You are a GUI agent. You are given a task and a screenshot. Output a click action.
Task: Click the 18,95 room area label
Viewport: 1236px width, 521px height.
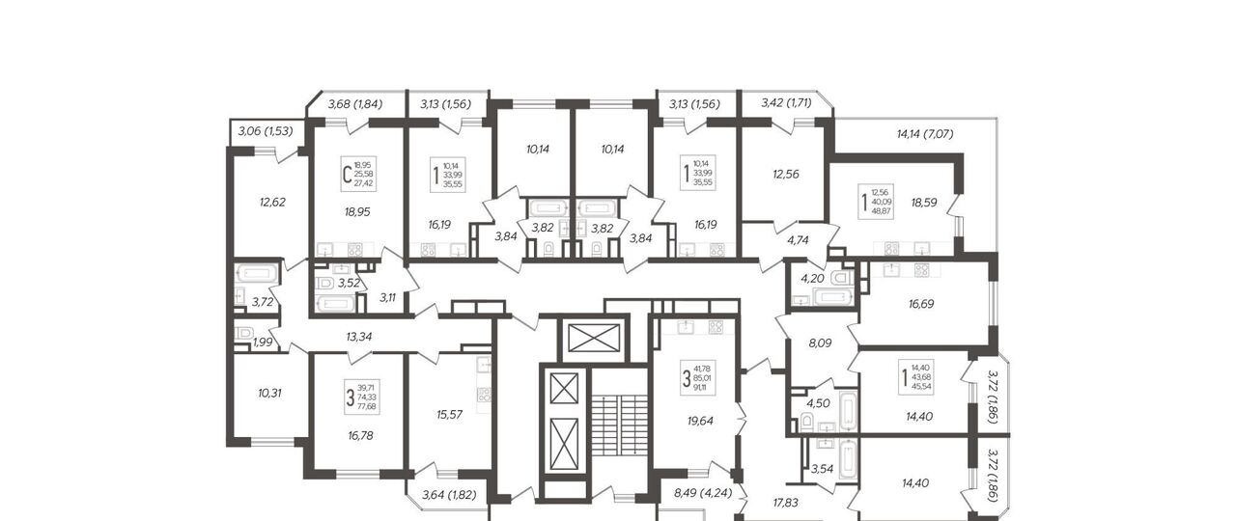[x=357, y=211]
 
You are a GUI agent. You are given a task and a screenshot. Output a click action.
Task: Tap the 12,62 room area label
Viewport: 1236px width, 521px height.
[x=272, y=203]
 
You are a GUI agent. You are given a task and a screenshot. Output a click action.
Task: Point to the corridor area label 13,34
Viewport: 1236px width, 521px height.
[x=358, y=337]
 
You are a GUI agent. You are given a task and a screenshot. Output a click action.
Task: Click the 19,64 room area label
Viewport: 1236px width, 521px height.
[x=700, y=422]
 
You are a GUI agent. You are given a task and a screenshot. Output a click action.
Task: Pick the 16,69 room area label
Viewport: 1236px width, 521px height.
[x=921, y=304]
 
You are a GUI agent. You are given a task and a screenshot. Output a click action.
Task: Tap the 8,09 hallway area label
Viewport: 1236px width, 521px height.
[x=820, y=343]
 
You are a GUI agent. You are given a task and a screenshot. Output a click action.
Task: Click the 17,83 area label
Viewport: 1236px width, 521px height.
[x=785, y=503]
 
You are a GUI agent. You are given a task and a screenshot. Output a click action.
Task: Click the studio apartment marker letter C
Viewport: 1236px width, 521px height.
[x=347, y=176]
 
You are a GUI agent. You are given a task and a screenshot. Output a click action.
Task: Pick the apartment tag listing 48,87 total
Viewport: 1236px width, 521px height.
[x=876, y=202]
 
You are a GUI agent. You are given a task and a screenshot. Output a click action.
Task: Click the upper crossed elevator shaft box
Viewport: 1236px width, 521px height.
[x=594, y=338]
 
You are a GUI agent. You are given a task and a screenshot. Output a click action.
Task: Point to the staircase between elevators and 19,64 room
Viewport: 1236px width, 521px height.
[x=619, y=425]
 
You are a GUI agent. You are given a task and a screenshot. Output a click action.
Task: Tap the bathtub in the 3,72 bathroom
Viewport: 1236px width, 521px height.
[x=257, y=274]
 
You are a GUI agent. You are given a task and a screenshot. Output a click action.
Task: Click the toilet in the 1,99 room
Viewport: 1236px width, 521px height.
[x=243, y=334]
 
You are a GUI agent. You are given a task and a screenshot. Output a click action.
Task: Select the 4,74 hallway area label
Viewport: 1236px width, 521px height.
[x=798, y=240]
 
